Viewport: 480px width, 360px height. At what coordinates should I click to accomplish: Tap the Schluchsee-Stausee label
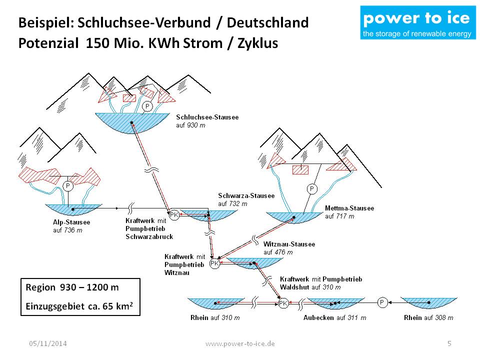pyautogui.click(x=207, y=117)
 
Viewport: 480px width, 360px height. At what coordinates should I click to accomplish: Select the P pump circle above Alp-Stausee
pyautogui.click(x=68, y=186)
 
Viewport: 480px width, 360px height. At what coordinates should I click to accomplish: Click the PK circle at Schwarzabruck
pyautogui.click(x=174, y=215)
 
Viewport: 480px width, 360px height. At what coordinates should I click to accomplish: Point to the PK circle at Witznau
pyautogui.click(x=214, y=263)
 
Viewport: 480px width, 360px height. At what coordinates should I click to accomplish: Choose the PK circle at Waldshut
pyautogui.click(x=283, y=303)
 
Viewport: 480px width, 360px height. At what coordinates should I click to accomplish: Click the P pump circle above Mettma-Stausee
pyautogui.click(x=312, y=188)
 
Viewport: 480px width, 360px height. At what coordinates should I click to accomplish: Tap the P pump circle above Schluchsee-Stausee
pyautogui.click(x=147, y=106)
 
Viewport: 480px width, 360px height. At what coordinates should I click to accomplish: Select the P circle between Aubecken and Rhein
pyautogui.click(x=381, y=302)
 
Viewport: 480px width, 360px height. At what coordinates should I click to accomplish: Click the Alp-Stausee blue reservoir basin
pyautogui.click(x=73, y=210)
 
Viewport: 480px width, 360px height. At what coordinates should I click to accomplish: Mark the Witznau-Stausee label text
pyautogui.click(x=289, y=244)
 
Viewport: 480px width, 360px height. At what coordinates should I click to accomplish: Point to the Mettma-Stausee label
pyautogui.click(x=349, y=208)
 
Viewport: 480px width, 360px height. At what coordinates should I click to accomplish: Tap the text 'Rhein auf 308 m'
pyautogui.click(x=428, y=317)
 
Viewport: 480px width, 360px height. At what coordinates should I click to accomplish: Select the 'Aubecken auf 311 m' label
pyautogui.click(x=334, y=317)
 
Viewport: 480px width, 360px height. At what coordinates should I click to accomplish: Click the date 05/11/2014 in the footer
pyautogui.click(x=48, y=343)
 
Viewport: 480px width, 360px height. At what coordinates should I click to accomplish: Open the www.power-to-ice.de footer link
pyautogui.click(x=240, y=343)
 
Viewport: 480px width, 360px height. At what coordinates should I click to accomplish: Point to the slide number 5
pyautogui.click(x=449, y=343)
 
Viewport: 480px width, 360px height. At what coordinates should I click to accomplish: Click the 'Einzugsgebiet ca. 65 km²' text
pyautogui.click(x=79, y=305)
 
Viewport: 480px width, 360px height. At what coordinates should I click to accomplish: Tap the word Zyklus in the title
pyautogui.click(x=254, y=43)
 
